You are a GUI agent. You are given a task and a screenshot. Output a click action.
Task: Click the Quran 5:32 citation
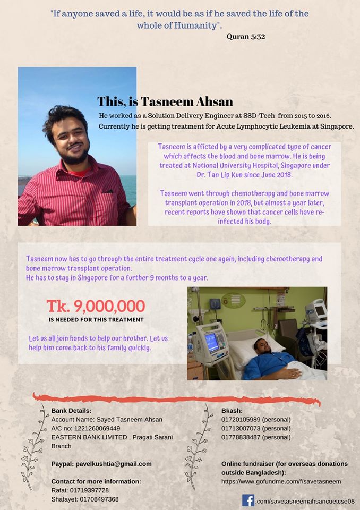click(x=245, y=37)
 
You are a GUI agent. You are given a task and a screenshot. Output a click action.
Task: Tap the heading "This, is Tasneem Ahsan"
click(x=165, y=101)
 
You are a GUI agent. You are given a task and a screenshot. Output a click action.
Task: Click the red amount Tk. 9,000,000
click(x=96, y=306)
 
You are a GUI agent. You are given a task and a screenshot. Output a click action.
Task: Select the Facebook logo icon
click(x=248, y=500)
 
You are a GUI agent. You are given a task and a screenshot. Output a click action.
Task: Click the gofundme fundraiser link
click(x=281, y=481)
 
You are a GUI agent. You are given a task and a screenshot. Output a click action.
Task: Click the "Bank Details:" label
click(x=72, y=410)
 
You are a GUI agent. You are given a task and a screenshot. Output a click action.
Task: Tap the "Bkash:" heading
click(x=232, y=410)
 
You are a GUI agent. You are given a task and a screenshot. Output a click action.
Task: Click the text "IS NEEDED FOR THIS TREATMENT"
click(x=96, y=320)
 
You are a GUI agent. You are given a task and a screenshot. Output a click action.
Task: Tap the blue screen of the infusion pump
click(x=212, y=343)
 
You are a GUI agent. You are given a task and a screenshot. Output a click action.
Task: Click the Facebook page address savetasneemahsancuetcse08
click(x=305, y=501)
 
